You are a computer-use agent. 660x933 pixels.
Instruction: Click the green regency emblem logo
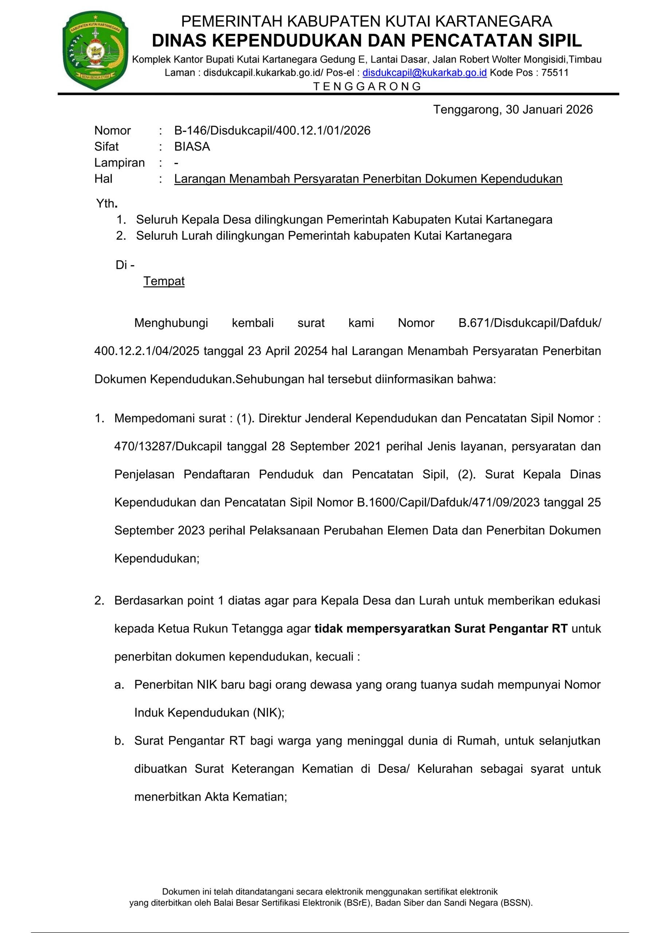point(95,51)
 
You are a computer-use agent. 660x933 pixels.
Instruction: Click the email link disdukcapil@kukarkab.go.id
point(424,73)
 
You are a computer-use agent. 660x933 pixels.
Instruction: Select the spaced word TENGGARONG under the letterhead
point(367,86)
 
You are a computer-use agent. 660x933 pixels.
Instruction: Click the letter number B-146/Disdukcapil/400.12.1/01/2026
point(272,130)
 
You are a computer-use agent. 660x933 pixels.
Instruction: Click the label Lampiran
point(120,163)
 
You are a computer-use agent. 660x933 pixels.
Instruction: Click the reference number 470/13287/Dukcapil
point(168,446)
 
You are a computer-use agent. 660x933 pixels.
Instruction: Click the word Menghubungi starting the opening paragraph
point(171,323)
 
